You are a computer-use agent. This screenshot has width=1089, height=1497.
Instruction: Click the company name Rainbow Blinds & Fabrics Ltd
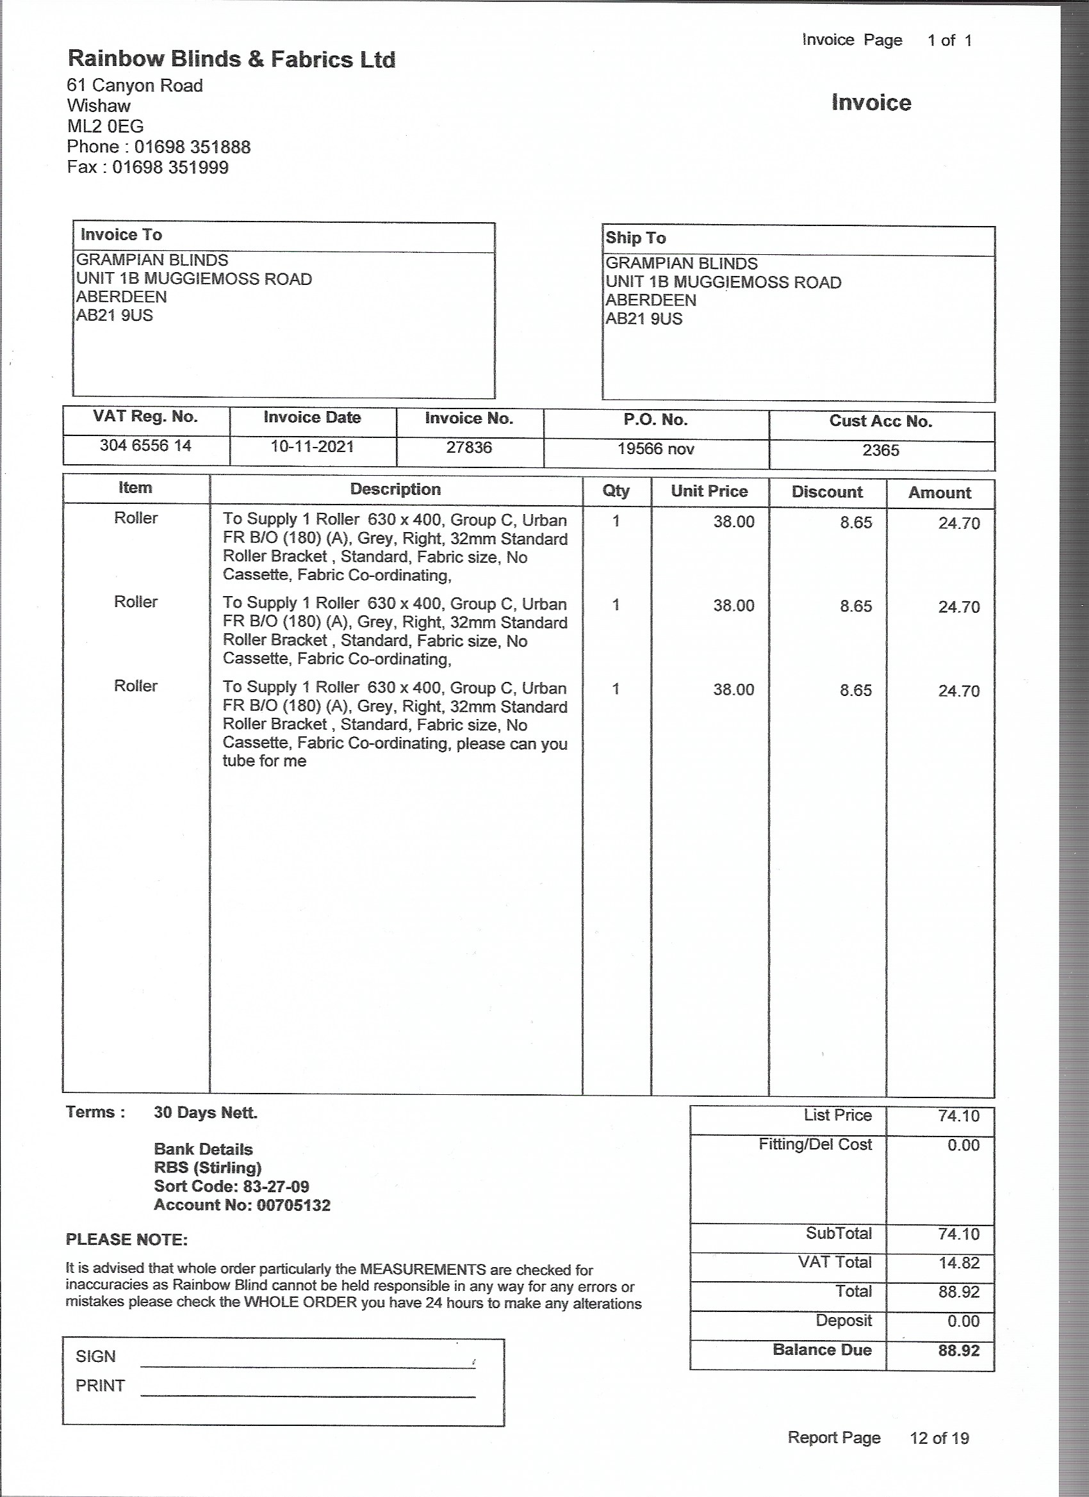[x=232, y=60]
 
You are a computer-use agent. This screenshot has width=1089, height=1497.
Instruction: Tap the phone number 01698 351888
[x=192, y=147]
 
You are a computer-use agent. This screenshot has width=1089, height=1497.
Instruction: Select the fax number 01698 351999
[x=170, y=167]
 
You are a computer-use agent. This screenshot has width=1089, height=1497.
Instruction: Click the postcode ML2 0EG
[x=105, y=126]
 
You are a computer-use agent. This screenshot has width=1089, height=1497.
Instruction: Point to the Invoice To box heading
[x=121, y=234]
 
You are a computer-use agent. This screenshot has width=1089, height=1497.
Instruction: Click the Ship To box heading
[x=635, y=238]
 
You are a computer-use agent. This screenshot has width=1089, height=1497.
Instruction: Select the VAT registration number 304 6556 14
[x=145, y=446]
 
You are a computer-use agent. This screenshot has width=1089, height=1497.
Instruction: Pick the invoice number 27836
[x=469, y=448]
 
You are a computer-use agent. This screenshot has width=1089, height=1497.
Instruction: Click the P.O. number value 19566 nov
[x=656, y=449]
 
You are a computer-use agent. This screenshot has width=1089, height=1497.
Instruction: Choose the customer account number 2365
[x=880, y=450]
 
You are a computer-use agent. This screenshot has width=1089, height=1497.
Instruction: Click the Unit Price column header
[x=708, y=491]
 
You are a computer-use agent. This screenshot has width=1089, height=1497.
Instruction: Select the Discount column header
[x=827, y=492]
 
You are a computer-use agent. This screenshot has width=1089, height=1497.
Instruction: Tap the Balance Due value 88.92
[x=958, y=1350]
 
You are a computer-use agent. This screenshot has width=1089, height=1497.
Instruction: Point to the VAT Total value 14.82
[x=958, y=1263]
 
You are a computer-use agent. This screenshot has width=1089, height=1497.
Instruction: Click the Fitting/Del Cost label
[x=815, y=1145]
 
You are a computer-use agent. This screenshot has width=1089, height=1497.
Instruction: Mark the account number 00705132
[x=293, y=1205]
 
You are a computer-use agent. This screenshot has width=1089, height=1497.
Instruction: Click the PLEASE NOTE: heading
[x=127, y=1240]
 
